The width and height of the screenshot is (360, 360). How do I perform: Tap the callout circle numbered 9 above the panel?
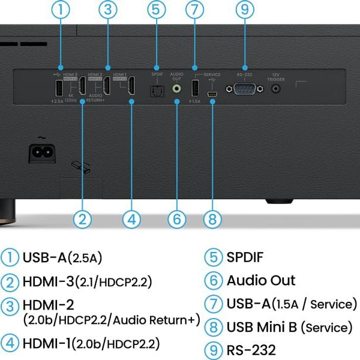coord(244,10)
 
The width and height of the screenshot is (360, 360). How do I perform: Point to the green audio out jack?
coord(177,88)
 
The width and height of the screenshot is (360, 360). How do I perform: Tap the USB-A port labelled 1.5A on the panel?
coord(194,88)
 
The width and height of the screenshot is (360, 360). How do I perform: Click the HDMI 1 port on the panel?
coord(130,89)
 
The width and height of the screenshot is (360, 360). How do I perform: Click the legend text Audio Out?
coord(261,280)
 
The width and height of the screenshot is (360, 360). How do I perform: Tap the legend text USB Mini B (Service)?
coord(289,326)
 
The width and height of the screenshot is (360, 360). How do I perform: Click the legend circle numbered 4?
coord(10,343)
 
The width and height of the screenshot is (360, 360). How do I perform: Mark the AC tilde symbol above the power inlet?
coord(43,137)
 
